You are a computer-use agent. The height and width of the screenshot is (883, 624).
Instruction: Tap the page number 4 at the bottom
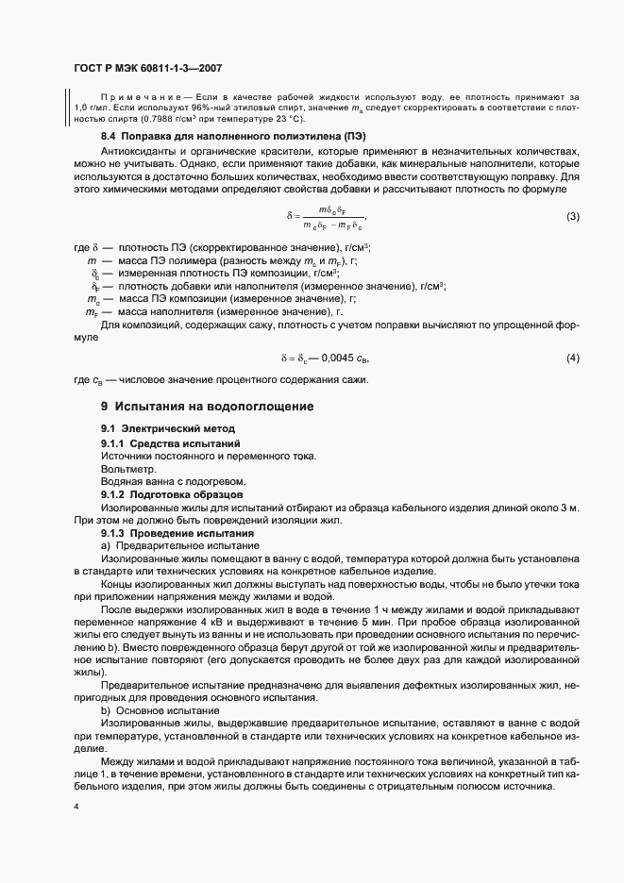(x=76, y=808)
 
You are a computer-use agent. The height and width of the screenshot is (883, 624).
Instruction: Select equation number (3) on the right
(x=572, y=217)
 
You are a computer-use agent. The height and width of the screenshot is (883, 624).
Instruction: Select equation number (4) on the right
(x=572, y=358)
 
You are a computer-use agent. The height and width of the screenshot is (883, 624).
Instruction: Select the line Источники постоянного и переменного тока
(x=209, y=457)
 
